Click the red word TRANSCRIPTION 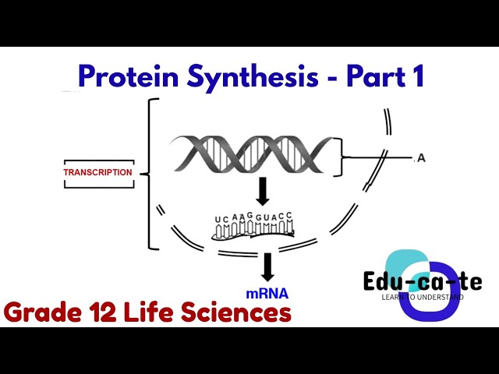pos(97,172)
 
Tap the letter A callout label pos(421,158)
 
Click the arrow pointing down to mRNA pos(267,267)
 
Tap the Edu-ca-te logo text pos(423,282)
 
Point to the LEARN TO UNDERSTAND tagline pos(422,297)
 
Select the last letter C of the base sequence pos(289,215)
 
